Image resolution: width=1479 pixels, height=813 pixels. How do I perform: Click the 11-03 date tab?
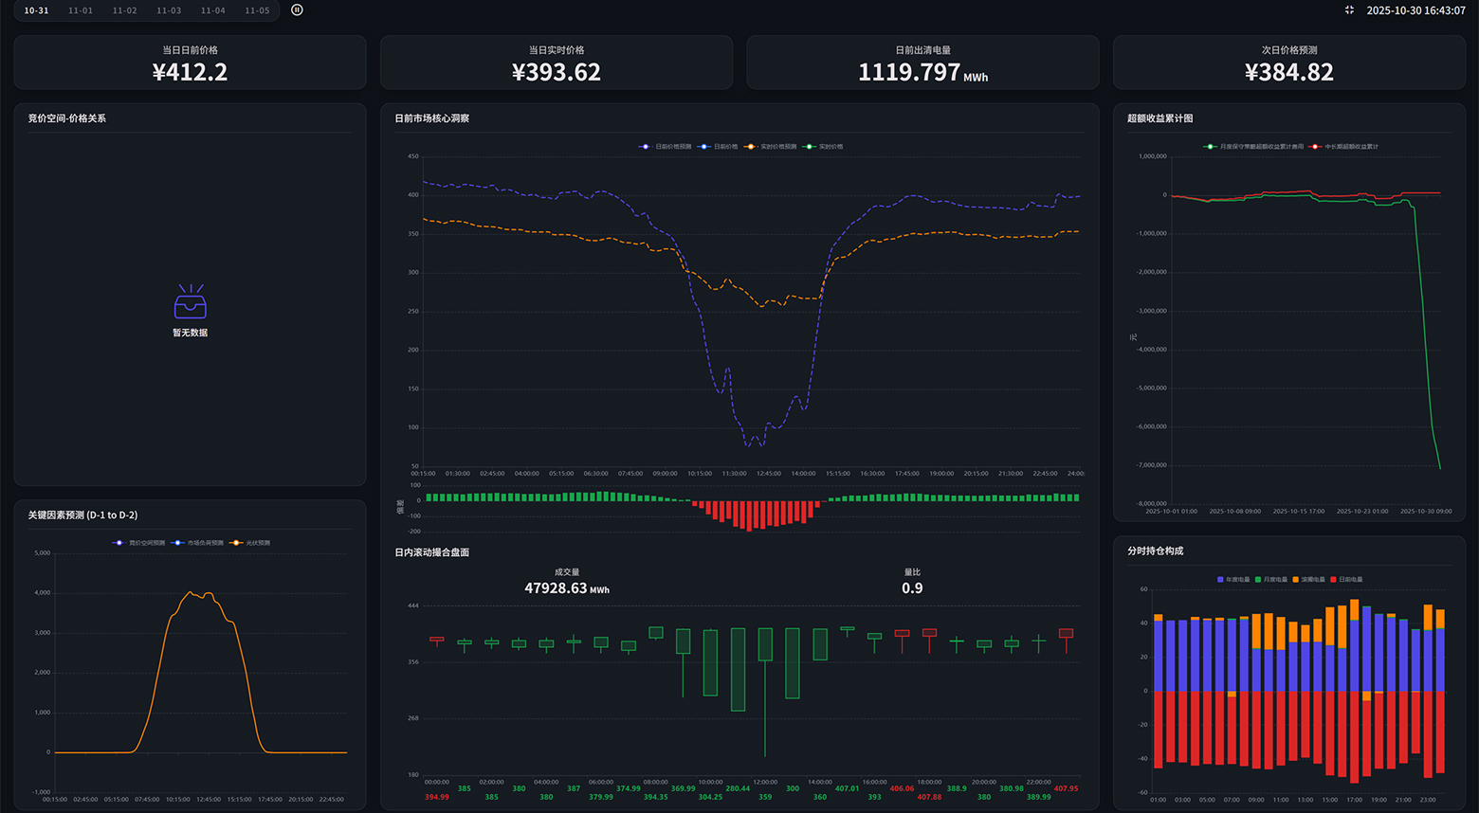[169, 10]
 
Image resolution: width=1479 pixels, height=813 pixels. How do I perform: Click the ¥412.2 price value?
[190, 72]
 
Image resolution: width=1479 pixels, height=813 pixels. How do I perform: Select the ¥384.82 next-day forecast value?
[1288, 72]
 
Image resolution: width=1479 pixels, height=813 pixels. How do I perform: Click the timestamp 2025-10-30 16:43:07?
[1415, 10]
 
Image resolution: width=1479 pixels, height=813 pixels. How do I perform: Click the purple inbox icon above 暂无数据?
[190, 303]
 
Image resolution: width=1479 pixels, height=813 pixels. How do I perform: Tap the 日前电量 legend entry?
[1346, 579]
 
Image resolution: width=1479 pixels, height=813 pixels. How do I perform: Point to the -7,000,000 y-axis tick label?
[1152, 465]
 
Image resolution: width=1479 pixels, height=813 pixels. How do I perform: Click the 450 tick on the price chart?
[412, 156]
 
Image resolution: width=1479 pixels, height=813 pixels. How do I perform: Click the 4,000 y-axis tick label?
[43, 592]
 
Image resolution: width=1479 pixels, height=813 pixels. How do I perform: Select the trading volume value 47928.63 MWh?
[566, 588]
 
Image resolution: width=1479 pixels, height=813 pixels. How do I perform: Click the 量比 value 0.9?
[912, 588]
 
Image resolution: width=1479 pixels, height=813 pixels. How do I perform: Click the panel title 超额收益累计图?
[1159, 118]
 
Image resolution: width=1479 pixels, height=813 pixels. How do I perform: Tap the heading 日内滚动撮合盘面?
[431, 552]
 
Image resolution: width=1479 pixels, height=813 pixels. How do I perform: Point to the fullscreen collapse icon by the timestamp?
[1349, 10]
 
